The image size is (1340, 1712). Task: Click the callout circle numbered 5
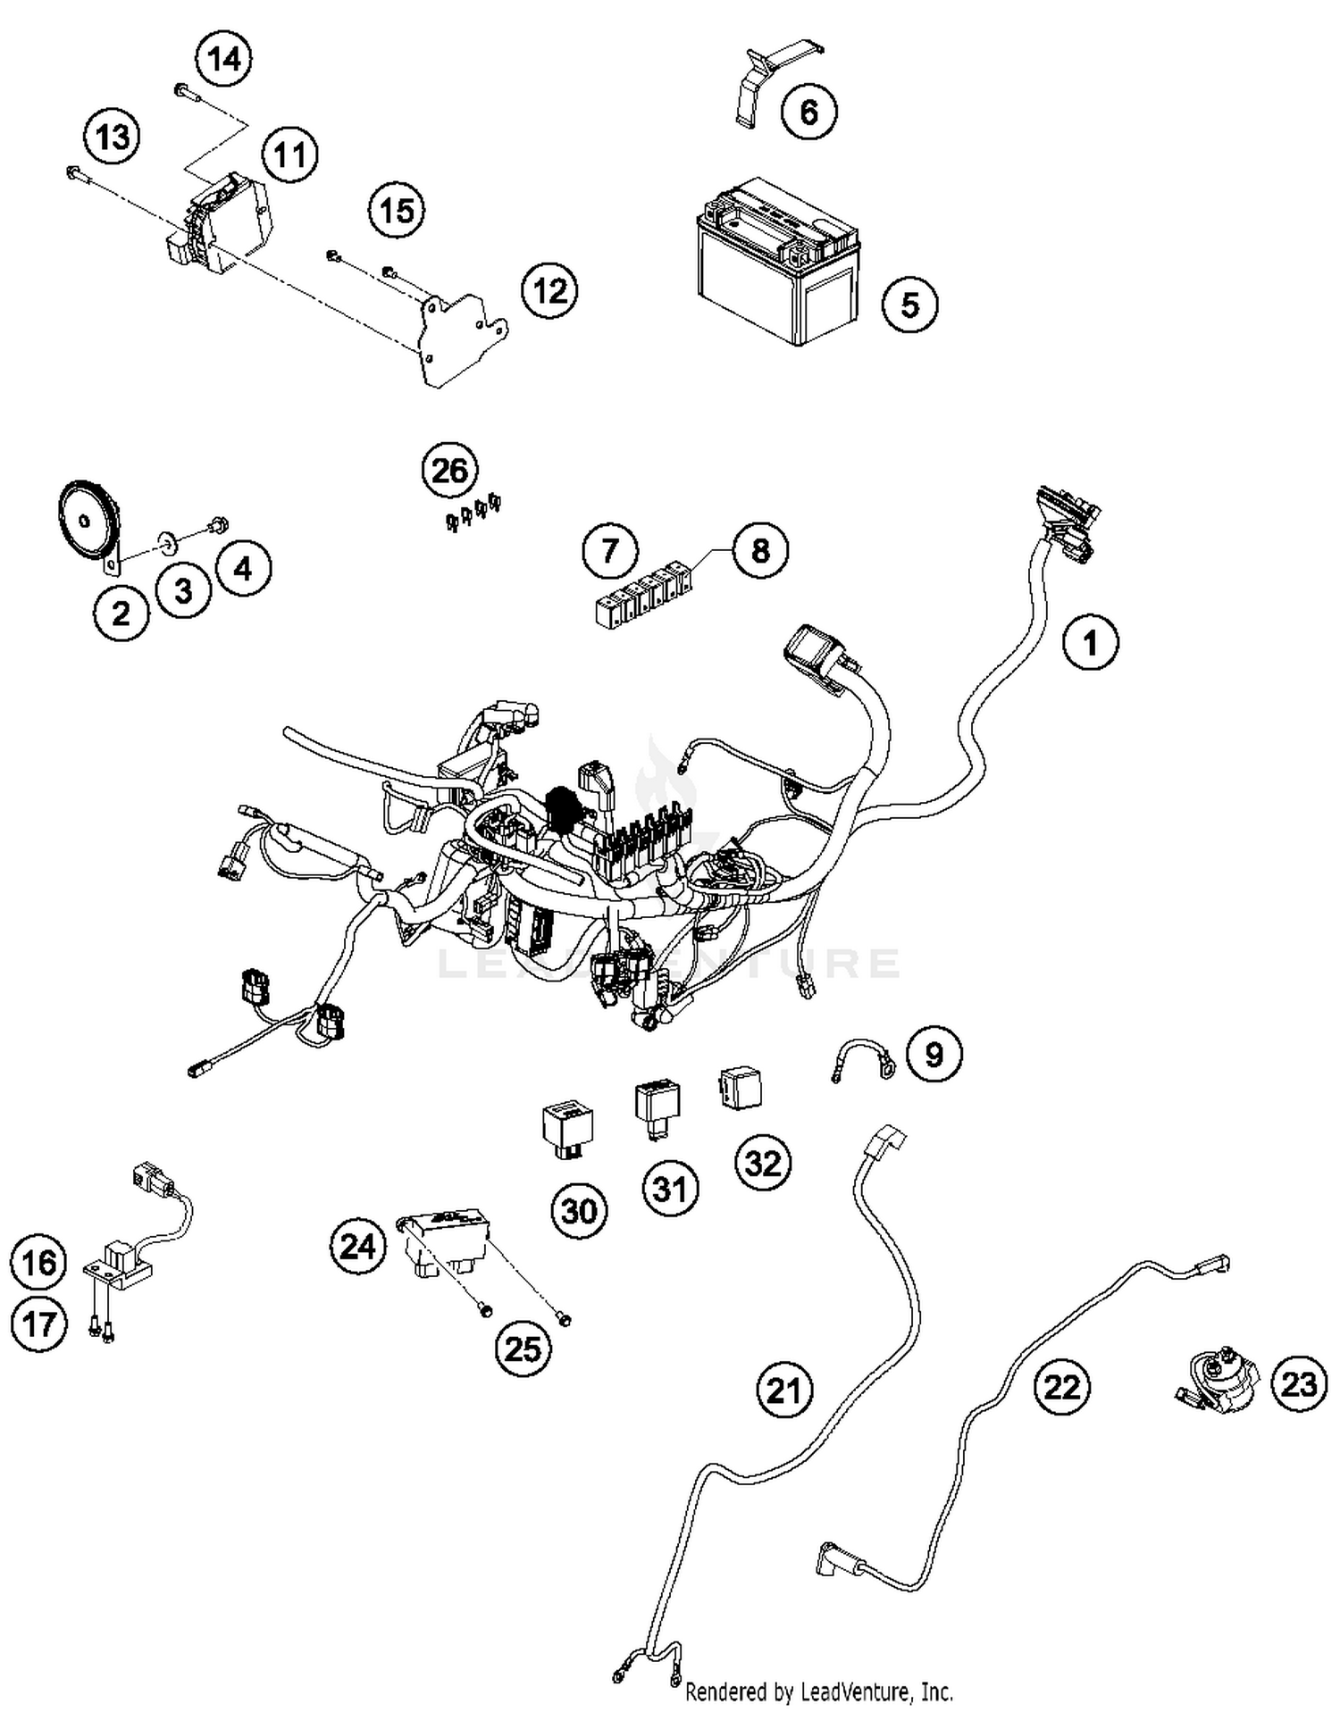coord(909,305)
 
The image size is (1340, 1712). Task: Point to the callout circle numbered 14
coord(224,60)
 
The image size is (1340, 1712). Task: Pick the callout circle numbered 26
coord(449,470)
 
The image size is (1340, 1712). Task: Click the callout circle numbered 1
coord(1090,642)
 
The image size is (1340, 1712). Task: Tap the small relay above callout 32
coord(741,1087)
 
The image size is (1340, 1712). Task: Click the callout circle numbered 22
coord(1062,1387)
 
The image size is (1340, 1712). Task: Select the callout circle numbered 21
coord(784,1390)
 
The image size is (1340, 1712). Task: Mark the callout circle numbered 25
coord(523,1349)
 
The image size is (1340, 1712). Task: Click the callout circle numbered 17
coord(39,1324)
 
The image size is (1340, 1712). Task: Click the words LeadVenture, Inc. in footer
coord(876,1692)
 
